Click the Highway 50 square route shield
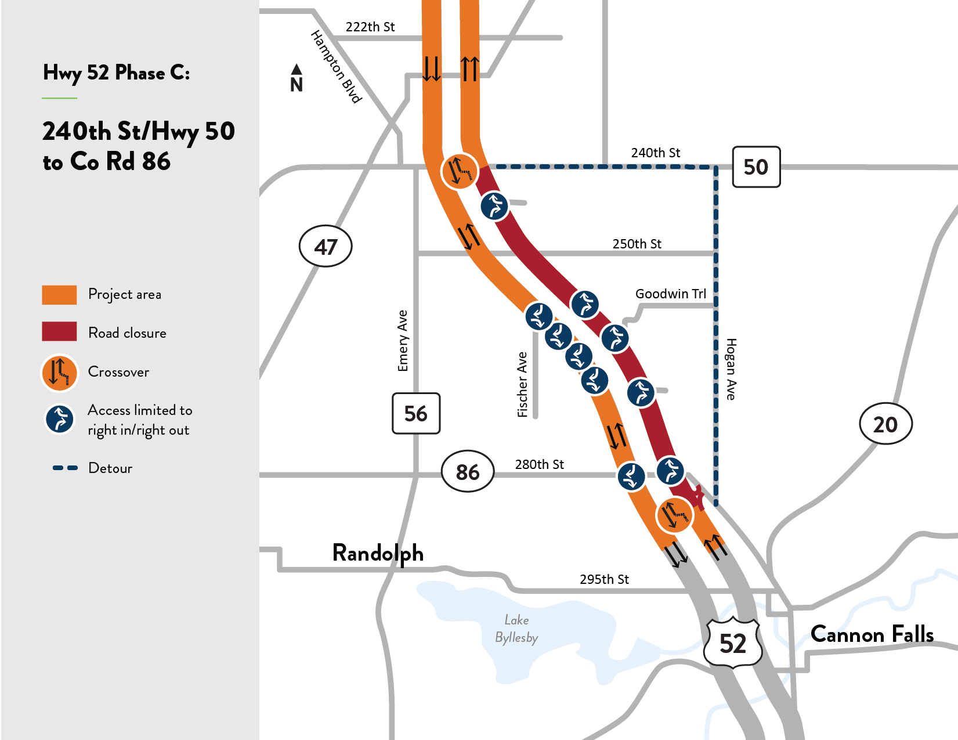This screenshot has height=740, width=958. click(x=755, y=167)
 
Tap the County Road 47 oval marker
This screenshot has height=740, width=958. click(x=326, y=247)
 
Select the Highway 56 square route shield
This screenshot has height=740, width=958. click(x=416, y=413)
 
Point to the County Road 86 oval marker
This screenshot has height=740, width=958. click(x=468, y=472)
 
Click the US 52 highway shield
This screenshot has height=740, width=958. click(x=732, y=643)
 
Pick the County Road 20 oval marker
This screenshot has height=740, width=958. click(x=885, y=424)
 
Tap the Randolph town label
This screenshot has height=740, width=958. click(x=378, y=553)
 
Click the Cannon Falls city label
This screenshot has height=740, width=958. click(x=872, y=634)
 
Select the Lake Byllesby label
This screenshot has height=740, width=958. click(x=516, y=629)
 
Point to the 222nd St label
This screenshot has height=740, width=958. click(x=370, y=27)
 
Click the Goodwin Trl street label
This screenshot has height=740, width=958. click(x=670, y=294)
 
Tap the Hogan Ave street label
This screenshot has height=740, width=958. click(x=731, y=369)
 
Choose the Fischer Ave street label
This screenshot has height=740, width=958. click(x=522, y=384)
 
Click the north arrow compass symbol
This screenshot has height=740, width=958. click(x=297, y=78)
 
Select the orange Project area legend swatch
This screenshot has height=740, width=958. click(x=59, y=295)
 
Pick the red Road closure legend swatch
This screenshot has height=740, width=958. click(x=59, y=331)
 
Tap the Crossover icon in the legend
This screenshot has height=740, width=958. click(x=59, y=373)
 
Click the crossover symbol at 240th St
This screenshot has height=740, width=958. click(x=460, y=171)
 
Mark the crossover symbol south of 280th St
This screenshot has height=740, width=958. click(x=674, y=515)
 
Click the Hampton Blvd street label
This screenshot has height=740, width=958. click(x=337, y=66)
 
